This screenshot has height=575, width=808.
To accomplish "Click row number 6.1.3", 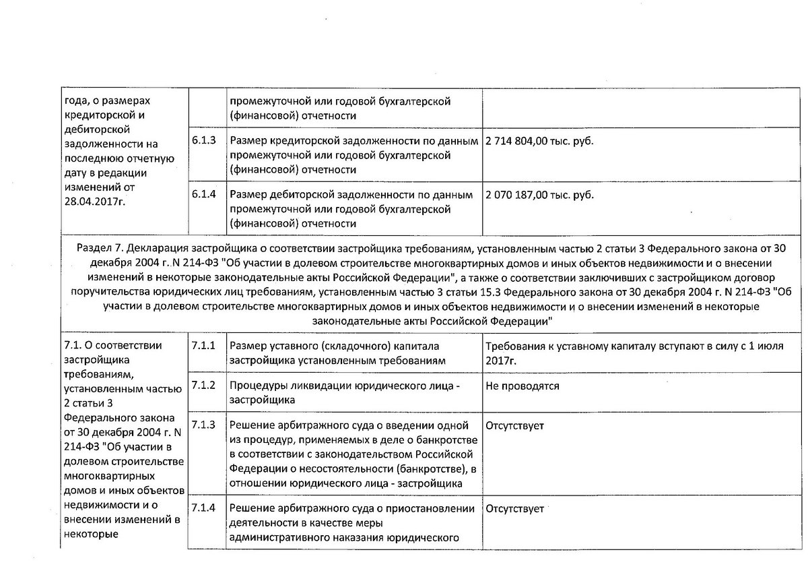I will click(203, 142).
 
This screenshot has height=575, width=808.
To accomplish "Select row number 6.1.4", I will click(203, 195).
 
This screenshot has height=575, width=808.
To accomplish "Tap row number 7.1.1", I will click(203, 346).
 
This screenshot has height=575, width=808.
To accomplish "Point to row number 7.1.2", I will click(203, 386).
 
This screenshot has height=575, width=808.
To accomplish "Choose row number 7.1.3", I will click(203, 425).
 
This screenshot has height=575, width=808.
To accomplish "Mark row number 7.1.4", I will click(203, 508).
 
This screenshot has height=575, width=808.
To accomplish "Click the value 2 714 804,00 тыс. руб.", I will click(539, 142).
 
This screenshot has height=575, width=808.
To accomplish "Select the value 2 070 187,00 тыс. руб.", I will click(539, 195).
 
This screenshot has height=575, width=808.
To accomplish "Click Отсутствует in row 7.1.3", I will click(514, 426).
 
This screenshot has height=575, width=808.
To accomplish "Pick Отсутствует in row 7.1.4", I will click(514, 509).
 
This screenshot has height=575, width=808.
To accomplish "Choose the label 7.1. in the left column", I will click(72, 346).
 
